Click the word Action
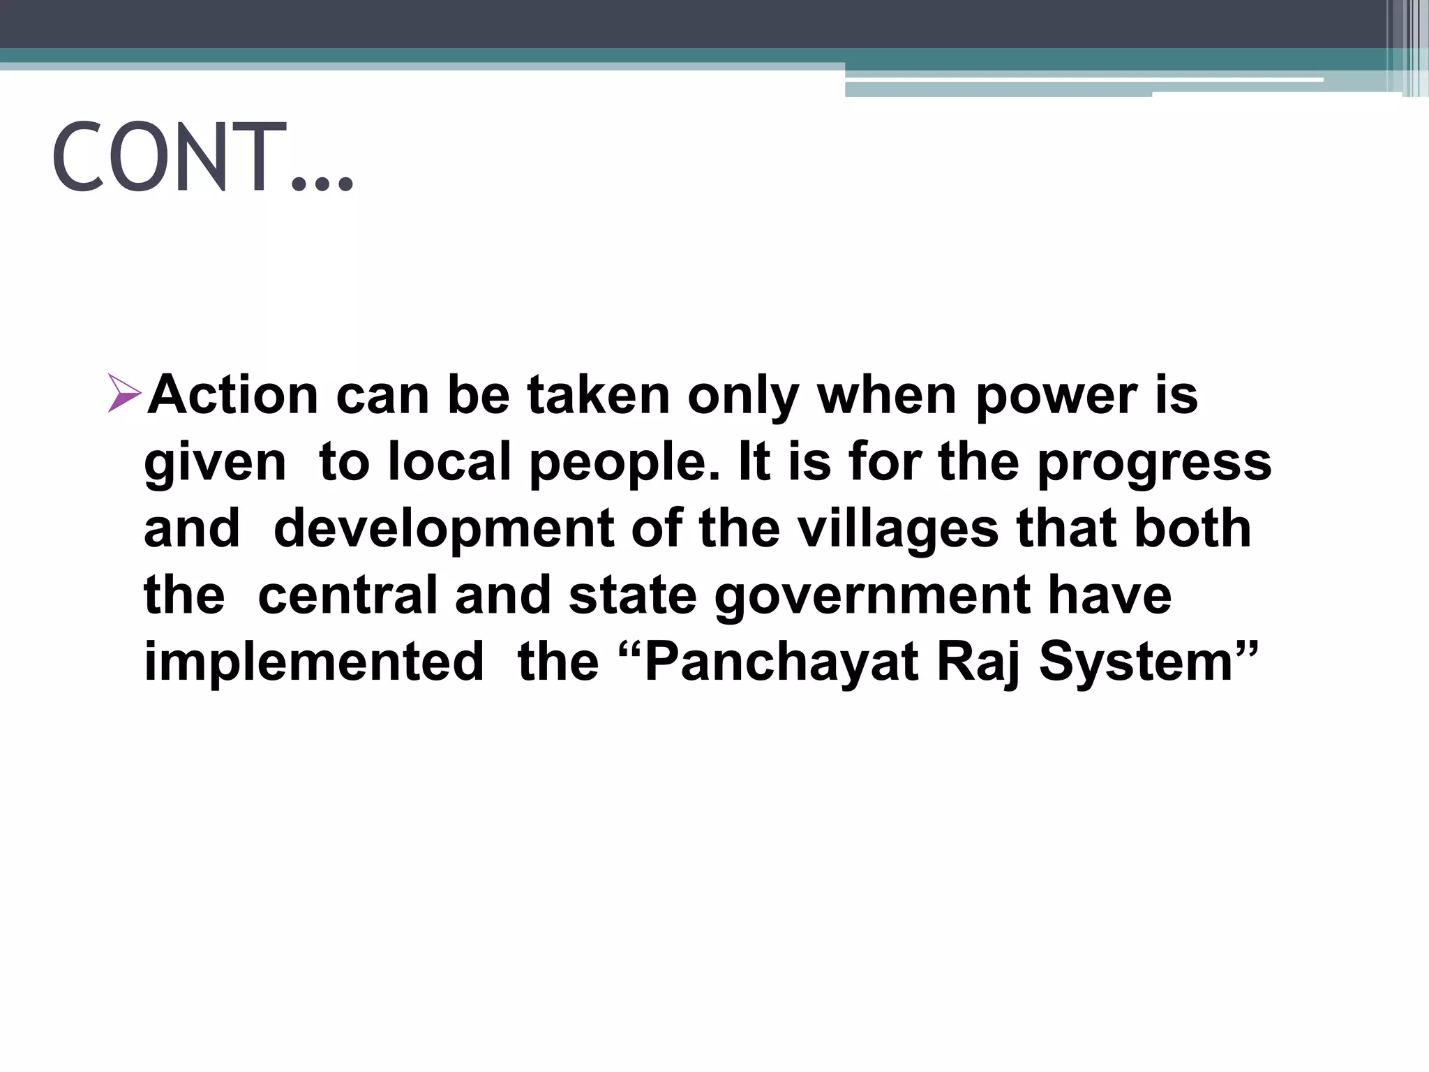pos(233,395)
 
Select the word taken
pos(599,395)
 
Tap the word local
pos(449,461)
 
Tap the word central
pos(347,595)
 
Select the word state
pos(632,595)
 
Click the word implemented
pos(313,662)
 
